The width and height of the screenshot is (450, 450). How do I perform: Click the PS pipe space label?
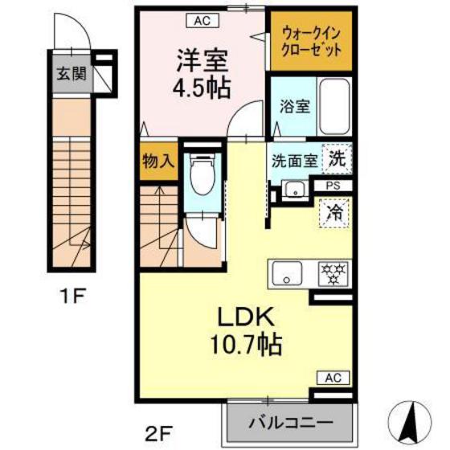click(333, 186)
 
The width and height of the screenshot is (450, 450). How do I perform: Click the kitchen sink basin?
click(285, 276)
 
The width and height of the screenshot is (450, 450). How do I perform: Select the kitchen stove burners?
click(331, 275)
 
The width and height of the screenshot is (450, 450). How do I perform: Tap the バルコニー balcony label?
click(288, 420)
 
